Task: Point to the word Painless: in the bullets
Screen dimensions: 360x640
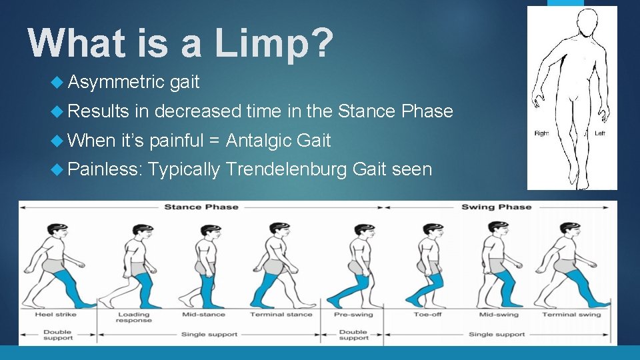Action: (x=105, y=170)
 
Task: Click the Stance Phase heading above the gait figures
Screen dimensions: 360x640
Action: (x=201, y=207)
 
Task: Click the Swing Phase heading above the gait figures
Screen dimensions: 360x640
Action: (x=496, y=207)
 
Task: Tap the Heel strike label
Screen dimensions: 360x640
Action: (x=55, y=314)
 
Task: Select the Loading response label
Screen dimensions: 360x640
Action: (x=134, y=317)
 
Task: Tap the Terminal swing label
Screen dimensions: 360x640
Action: (x=571, y=314)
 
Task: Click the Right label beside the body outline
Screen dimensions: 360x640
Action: (x=541, y=133)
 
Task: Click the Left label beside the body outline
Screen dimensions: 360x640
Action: (x=601, y=133)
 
